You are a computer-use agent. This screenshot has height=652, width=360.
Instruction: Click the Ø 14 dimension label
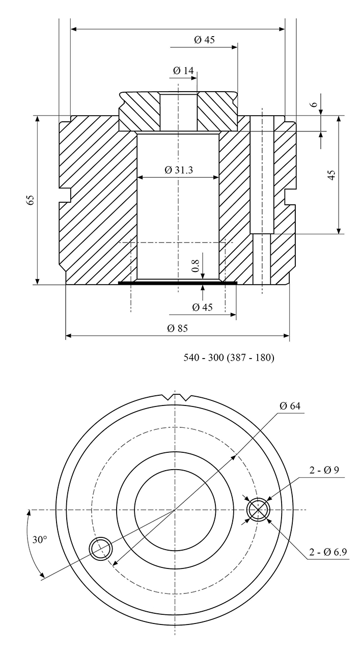[183, 71]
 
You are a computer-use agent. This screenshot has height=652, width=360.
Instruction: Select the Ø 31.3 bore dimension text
[178, 171]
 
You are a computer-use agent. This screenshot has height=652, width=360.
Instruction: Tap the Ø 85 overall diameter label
[177, 329]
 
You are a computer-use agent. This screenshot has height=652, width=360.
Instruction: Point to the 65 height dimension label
[31, 200]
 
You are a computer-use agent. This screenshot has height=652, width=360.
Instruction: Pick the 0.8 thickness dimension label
[194, 264]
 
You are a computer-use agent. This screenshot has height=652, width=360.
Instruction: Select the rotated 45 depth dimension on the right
[331, 175]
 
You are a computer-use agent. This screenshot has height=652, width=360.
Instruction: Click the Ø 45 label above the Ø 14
[204, 40]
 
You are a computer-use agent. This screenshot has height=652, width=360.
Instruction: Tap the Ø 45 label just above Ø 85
[202, 307]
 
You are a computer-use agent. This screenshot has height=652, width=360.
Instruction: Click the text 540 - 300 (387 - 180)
[229, 358]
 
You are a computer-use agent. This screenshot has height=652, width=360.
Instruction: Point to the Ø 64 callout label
[290, 406]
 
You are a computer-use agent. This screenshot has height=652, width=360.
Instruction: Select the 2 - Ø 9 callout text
[324, 470]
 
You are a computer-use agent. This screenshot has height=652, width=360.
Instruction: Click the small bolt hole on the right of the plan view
[258, 509]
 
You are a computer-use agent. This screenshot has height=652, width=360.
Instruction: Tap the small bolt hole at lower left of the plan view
[101, 548]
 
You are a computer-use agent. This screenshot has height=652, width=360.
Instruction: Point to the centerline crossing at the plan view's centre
[175, 510]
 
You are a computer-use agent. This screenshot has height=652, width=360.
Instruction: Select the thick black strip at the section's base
[177, 282]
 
